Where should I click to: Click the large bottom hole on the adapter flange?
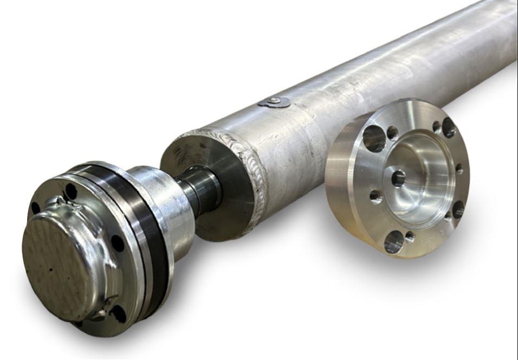coord(394,242)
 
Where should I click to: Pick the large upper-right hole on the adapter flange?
coord(449,127)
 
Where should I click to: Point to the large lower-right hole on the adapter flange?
coord(458,209)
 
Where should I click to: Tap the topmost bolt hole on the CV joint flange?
coord(70,191)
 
